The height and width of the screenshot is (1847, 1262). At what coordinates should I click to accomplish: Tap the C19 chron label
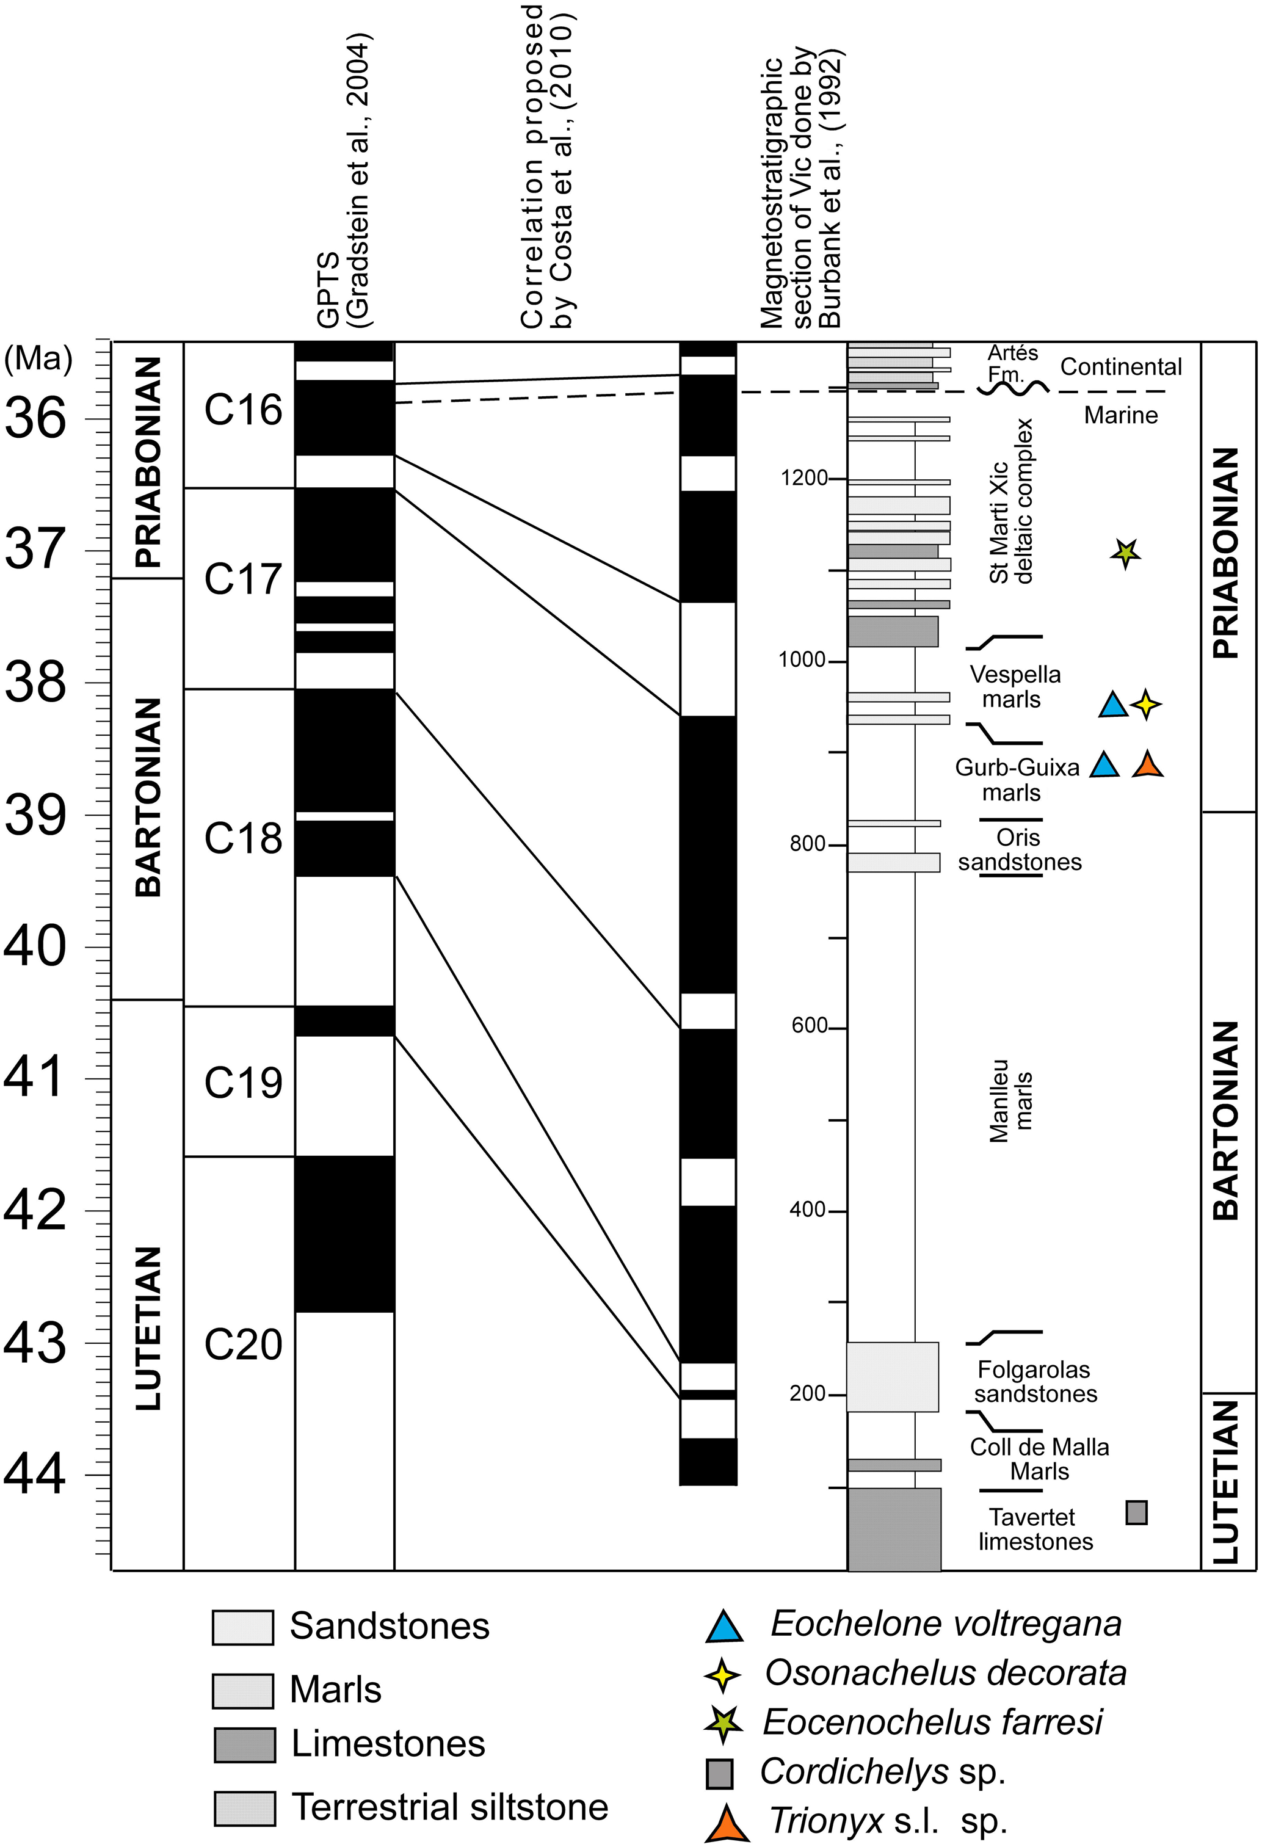(x=243, y=1082)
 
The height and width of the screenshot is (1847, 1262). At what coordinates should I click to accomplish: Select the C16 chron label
(x=243, y=410)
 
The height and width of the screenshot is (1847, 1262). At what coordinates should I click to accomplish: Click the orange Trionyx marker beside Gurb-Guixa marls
(x=1147, y=764)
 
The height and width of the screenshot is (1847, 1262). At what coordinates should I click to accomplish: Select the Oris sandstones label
(x=1020, y=849)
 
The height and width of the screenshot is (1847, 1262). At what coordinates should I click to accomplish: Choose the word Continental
(x=1120, y=366)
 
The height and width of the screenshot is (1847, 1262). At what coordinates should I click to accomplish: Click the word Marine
(x=1120, y=415)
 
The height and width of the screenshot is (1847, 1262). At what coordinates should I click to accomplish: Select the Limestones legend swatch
(x=244, y=1744)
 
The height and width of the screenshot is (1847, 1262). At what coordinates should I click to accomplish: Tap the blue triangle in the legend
(x=724, y=1627)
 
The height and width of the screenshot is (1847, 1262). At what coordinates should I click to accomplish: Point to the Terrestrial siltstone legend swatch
(x=244, y=1808)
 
